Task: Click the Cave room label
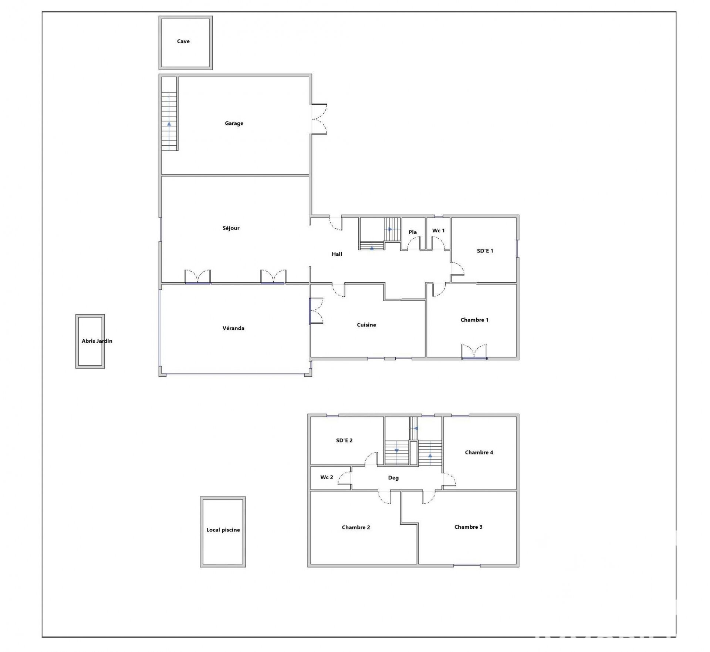coord(183,41)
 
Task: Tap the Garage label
coord(234,123)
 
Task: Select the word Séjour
coord(231,228)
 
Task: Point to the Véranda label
coord(233,328)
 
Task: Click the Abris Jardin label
coord(97,341)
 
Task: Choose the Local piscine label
coord(223,530)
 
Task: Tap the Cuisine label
coord(366,325)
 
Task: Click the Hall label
coord(337,254)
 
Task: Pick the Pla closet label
coord(413,232)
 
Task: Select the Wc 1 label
coord(439,231)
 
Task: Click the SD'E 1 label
coord(485,251)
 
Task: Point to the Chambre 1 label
coord(474,320)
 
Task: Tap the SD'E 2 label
coord(344,441)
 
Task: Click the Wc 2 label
coord(327,477)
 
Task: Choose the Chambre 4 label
coord(479,453)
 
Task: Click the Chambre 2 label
coord(356,528)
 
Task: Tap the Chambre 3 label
coord(468,527)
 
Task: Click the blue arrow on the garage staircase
coord(169,124)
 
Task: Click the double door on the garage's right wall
coord(319,119)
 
